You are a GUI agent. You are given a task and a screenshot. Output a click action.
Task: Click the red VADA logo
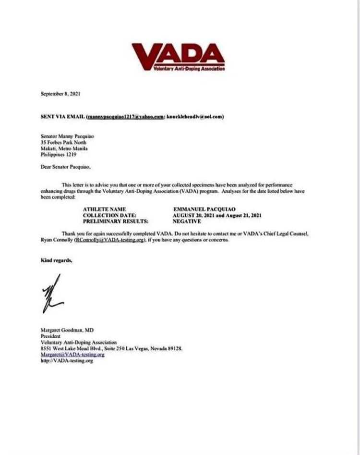pyautogui.click(x=178, y=56)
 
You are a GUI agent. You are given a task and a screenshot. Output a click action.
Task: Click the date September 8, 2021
pyautogui.click(x=60, y=94)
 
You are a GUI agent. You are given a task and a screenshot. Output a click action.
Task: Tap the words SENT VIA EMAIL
pyautogui.click(x=63, y=117)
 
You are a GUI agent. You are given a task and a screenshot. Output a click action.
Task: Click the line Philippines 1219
pyautogui.click(x=58, y=155)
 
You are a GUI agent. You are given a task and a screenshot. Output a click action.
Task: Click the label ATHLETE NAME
pyautogui.click(x=104, y=210)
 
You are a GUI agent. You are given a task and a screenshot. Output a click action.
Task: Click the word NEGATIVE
pyautogui.click(x=188, y=221)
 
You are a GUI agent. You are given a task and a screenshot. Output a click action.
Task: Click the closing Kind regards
pyautogui.click(x=57, y=260)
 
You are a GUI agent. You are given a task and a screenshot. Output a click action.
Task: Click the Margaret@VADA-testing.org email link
pyautogui.click(x=72, y=355)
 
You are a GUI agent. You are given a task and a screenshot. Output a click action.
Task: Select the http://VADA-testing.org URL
pyautogui.click(x=67, y=360)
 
